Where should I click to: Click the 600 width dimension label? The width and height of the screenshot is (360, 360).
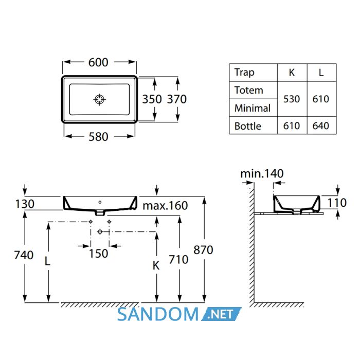point(98,62)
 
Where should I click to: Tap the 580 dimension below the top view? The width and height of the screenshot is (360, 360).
point(98,137)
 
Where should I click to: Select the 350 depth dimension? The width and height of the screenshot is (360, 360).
point(152,99)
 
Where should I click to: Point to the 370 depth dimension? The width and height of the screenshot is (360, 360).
point(177,99)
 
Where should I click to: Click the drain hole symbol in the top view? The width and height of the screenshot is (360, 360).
point(99,99)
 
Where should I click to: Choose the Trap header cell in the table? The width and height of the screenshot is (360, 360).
point(244,73)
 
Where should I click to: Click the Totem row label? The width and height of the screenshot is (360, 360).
point(248,90)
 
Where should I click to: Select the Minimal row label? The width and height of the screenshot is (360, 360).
point(253,108)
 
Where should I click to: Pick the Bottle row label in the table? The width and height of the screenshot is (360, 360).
point(248,126)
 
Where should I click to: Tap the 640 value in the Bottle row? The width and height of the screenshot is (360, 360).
point(321,126)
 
